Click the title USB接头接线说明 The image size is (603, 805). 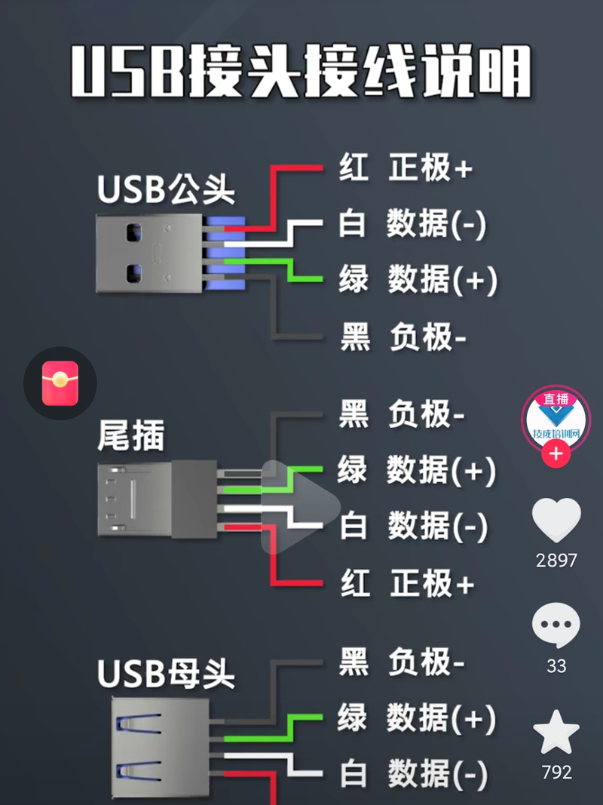pos(301,71)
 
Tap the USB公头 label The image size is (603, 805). pos(166,189)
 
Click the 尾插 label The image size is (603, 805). pos(131,435)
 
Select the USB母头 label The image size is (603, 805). pos(166,674)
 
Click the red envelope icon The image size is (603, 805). pos(60,383)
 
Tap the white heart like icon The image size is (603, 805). pos(556,520)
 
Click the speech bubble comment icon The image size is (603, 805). pos(556,625)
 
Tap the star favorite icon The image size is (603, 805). pos(556,732)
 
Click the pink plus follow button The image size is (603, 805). pos(556,454)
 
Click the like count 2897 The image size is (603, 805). pos(556,560)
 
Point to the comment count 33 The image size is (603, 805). pos(556,666)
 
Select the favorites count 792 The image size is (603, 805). pos(556,772)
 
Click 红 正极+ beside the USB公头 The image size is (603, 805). pos(405,167)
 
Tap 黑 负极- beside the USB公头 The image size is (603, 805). pos(403,336)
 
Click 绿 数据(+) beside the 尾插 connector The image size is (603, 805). pos(416,470)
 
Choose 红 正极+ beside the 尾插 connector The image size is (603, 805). pos(406,583)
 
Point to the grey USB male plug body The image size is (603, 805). pos(148,253)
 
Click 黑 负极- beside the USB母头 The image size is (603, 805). pos(402,662)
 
